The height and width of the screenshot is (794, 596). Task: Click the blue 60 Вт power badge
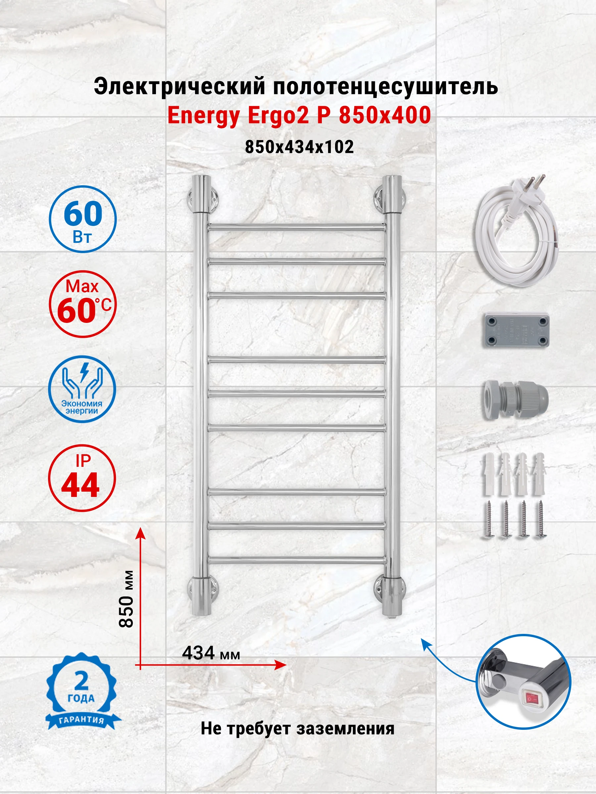tap(83, 219)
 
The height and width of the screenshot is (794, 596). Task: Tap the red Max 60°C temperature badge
tap(83, 304)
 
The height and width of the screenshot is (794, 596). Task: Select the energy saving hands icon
tap(82, 389)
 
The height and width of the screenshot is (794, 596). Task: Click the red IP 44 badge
tap(82, 478)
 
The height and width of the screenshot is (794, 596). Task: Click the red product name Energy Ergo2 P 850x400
tap(299, 115)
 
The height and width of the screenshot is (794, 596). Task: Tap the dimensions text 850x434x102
tap(299, 147)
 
